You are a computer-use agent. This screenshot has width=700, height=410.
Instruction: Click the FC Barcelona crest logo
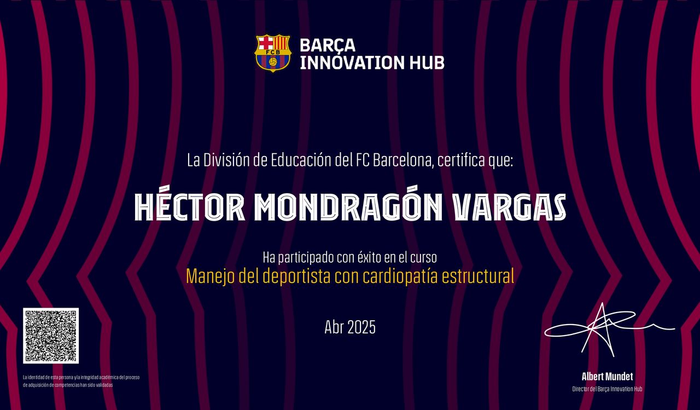pos(273,53)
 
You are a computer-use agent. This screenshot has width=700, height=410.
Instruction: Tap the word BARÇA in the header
pos(328,45)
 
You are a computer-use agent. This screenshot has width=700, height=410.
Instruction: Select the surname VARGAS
pos(510,207)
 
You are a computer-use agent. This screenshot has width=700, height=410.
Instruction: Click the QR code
pos(51,336)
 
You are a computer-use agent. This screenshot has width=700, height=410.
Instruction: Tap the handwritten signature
pos(609,330)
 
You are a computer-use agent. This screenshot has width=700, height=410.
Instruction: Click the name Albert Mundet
pos(607,377)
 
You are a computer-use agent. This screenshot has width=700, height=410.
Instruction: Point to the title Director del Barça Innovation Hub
pos(607,389)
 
